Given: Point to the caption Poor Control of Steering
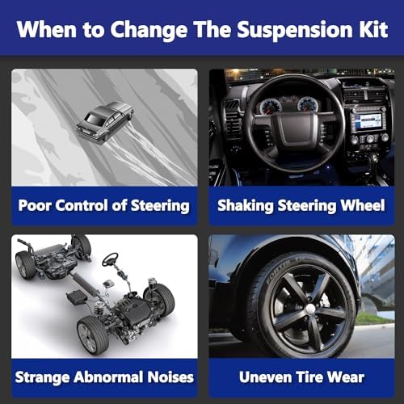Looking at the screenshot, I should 104,205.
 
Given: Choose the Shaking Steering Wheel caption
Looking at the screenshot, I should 301,205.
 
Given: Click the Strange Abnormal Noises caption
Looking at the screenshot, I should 104,377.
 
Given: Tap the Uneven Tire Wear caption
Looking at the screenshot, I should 301,377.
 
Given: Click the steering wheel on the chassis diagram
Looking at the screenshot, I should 110,259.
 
